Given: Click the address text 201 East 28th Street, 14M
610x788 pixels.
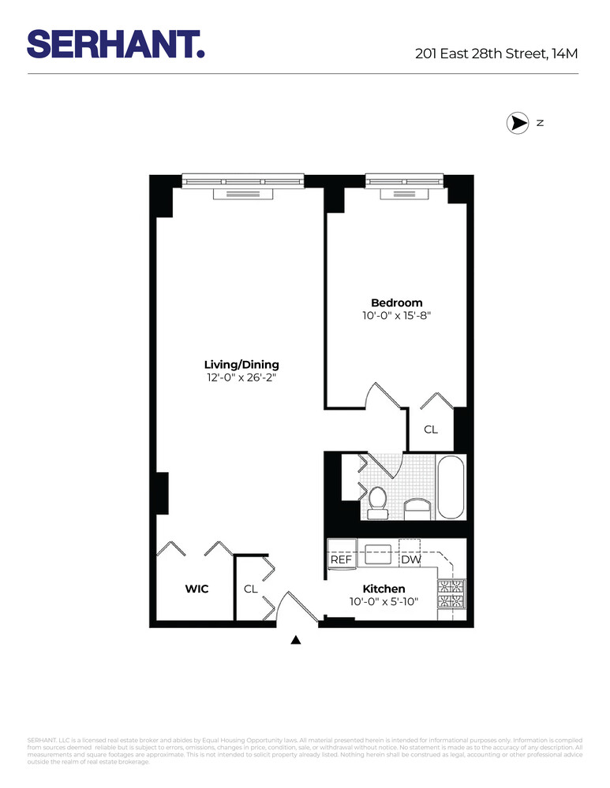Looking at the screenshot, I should (x=497, y=54).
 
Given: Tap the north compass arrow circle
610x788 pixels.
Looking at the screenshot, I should (x=517, y=124).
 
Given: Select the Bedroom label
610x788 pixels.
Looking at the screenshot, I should (x=397, y=303).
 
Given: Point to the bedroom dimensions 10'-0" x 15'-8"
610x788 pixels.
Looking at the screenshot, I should (x=397, y=316).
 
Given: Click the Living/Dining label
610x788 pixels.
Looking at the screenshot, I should (x=241, y=365).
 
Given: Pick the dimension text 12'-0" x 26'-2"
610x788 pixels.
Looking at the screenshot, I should (x=241, y=378).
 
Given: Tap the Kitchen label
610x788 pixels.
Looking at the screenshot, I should (x=384, y=589).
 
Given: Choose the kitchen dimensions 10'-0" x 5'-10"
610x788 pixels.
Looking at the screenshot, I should (x=384, y=602).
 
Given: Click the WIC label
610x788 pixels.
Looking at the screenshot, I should (x=196, y=589).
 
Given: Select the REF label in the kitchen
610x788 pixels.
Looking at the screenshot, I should (x=341, y=559).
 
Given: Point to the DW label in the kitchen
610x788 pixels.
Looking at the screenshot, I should (x=410, y=559).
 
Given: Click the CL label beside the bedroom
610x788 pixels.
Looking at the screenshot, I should (x=431, y=429).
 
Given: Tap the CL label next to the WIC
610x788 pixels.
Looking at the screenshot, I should (x=250, y=589).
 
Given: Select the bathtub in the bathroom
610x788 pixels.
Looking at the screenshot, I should (x=451, y=486).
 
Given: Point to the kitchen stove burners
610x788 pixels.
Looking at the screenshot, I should (x=451, y=594).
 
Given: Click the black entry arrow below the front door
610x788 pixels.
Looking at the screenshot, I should (x=297, y=640).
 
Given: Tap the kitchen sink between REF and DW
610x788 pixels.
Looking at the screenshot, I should (x=378, y=554).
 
